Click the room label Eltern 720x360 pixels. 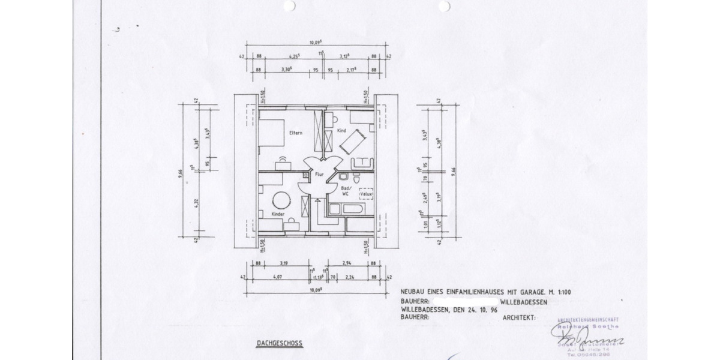click(295, 132)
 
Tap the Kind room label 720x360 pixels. click(342, 130)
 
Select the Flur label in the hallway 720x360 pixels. click(319, 175)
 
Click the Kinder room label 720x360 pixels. click(278, 214)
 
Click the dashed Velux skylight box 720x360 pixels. click(366, 194)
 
